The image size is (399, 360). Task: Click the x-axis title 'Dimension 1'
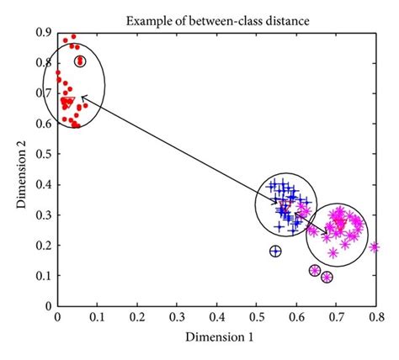216,336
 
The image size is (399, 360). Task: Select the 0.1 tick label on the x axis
97,318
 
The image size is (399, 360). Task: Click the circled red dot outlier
80,61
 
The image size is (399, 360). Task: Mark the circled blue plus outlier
275,251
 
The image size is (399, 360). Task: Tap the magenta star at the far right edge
375,247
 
